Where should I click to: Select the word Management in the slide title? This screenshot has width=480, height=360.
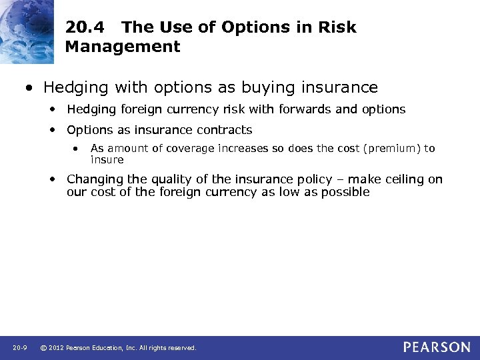[x=123, y=47]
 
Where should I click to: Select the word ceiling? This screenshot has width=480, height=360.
[x=401, y=179]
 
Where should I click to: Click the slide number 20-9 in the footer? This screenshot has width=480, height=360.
[x=19, y=348]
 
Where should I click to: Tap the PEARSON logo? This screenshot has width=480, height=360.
[x=437, y=347]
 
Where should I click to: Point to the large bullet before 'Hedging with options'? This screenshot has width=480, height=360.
[x=30, y=88]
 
